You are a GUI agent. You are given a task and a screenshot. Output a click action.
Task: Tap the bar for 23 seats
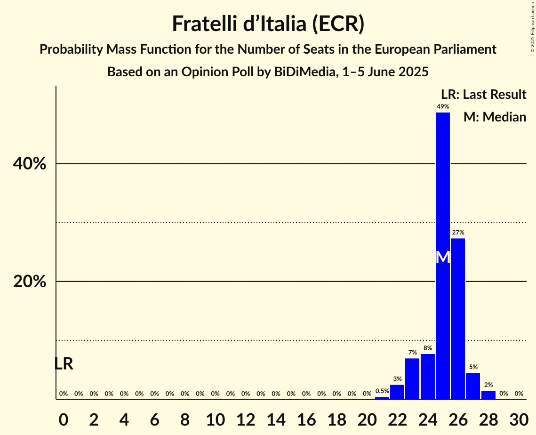(412, 379)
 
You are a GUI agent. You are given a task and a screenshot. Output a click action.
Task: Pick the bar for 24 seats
(427, 376)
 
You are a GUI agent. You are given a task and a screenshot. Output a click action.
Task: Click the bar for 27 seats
(473, 386)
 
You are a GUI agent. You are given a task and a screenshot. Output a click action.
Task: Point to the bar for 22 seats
(397, 391)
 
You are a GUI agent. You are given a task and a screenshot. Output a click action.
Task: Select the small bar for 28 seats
(488, 395)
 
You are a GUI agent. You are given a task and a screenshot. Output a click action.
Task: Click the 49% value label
(442, 107)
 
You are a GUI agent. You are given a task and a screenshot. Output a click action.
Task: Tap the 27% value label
(458, 233)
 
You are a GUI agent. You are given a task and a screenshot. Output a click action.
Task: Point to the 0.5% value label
(382, 391)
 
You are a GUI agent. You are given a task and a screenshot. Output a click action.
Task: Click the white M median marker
(443, 258)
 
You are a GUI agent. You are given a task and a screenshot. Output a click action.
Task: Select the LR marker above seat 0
(64, 364)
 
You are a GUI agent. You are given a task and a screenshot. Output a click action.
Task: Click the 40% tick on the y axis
(29, 164)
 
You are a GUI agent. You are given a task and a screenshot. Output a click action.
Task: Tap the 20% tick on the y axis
(29, 282)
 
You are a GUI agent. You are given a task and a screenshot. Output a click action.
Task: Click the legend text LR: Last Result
(483, 95)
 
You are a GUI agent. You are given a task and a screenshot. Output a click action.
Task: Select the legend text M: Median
(495, 117)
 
